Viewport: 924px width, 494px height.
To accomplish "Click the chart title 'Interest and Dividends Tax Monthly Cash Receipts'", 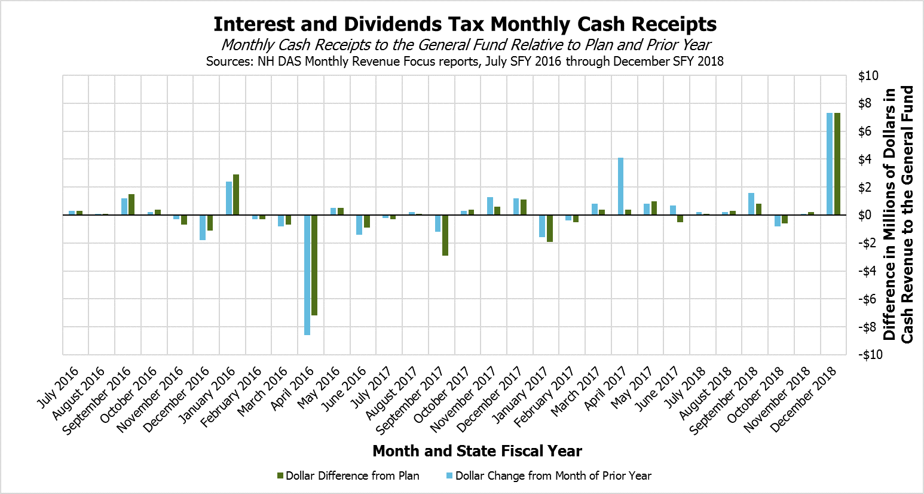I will pos(465,24).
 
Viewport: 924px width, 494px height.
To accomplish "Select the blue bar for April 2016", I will pos(307,275).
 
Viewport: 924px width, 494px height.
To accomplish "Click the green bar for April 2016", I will pos(314,265).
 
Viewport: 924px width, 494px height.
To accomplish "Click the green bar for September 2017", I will pos(445,235).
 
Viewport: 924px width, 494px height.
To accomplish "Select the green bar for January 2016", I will pos(236,195).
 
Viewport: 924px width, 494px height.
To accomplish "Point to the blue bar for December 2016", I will pos(203,228).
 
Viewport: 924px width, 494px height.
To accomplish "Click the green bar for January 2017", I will pos(550,228).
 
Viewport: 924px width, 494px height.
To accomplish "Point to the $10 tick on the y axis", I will pos(868,76).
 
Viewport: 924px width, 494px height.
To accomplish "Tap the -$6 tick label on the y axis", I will pos(868,299).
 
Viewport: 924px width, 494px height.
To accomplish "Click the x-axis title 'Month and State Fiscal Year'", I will pos(477,451).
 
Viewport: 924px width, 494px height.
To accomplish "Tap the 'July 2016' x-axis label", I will pos(59,388).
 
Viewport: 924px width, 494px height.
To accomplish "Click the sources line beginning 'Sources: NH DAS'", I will pos(465,61).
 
